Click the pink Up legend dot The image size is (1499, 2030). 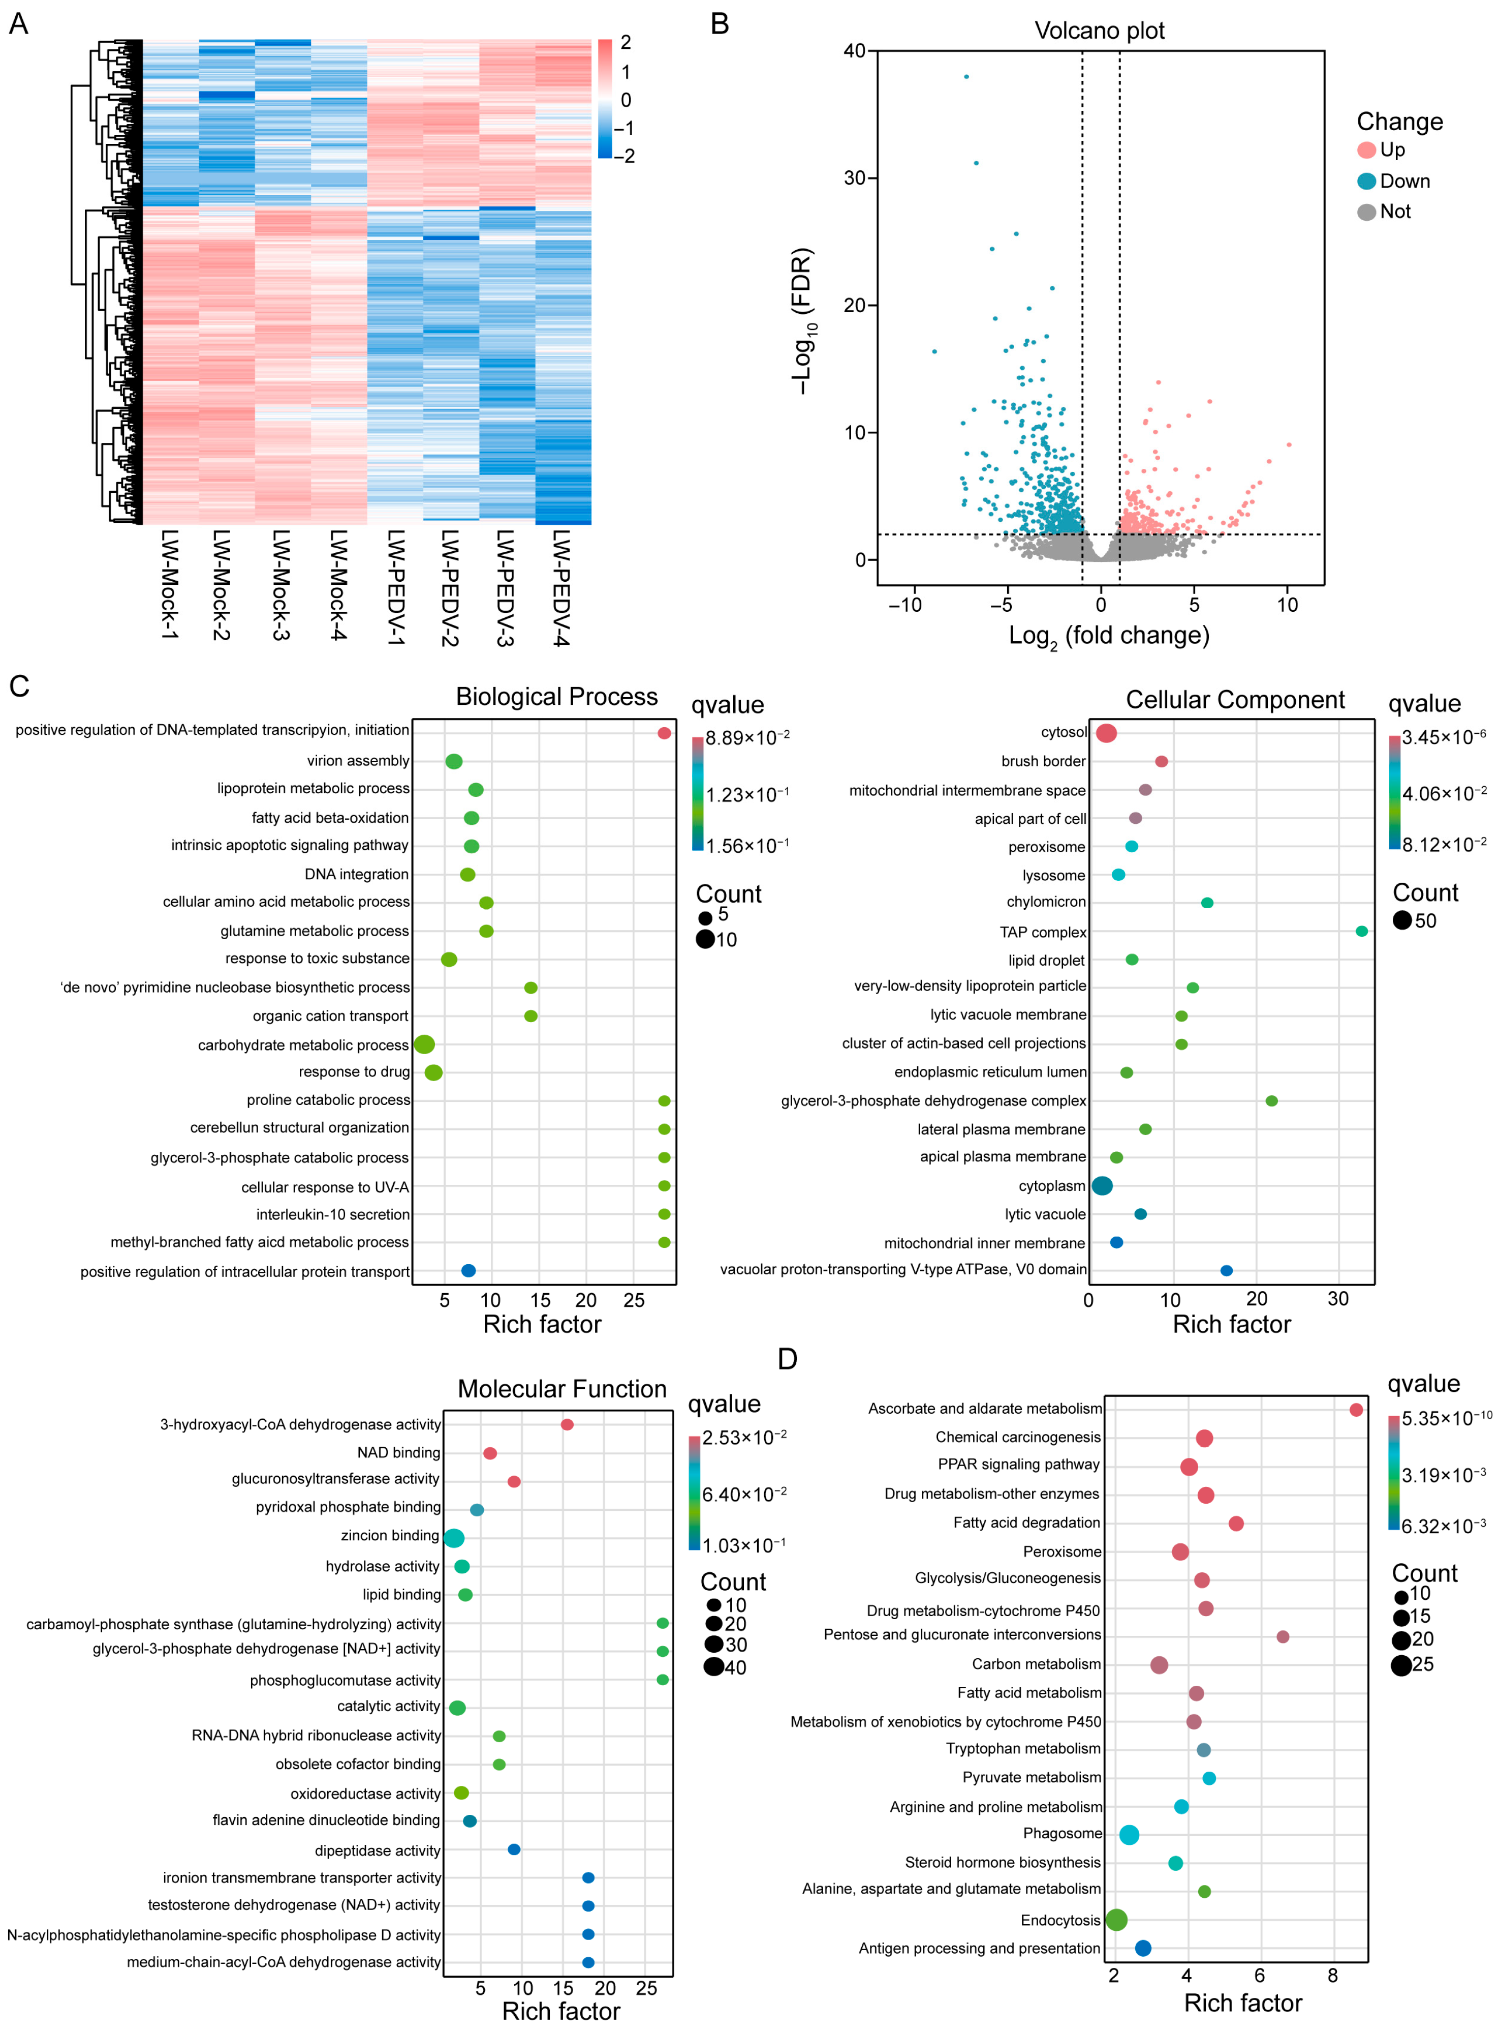[1366, 150]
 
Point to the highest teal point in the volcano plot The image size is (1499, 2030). [966, 76]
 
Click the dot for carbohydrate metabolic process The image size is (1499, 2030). [424, 1044]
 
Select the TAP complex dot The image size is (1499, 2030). [1361, 932]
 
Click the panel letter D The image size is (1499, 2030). [788, 1359]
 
